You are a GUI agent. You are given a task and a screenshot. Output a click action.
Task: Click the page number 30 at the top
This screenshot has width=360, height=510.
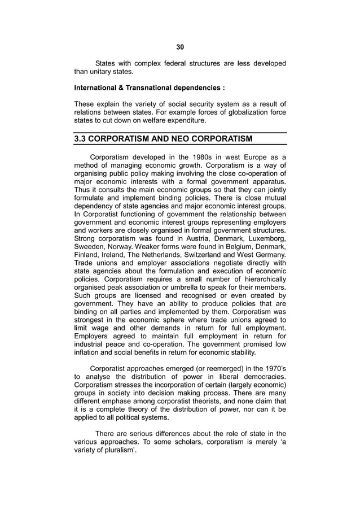pos(180,47)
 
